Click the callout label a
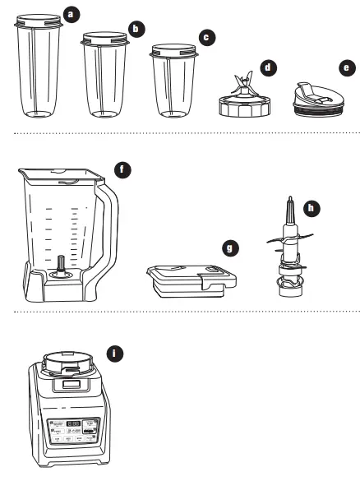click(x=72, y=14)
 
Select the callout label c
click(x=207, y=37)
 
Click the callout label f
click(x=123, y=170)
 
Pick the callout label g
click(x=231, y=245)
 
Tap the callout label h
click(x=311, y=209)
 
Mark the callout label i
click(x=116, y=353)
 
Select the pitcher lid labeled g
click(x=187, y=280)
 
